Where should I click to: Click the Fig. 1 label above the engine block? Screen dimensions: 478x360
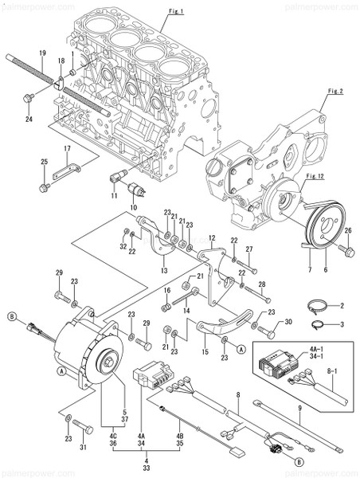click(176, 11)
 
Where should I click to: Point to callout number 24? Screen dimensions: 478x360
click(28, 120)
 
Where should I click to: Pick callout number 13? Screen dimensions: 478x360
click(164, 271)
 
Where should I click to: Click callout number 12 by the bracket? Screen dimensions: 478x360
click(213, 237)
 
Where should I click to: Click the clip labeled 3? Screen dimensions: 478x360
click(315, 323)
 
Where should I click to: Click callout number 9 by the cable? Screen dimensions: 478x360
click(299, 410)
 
